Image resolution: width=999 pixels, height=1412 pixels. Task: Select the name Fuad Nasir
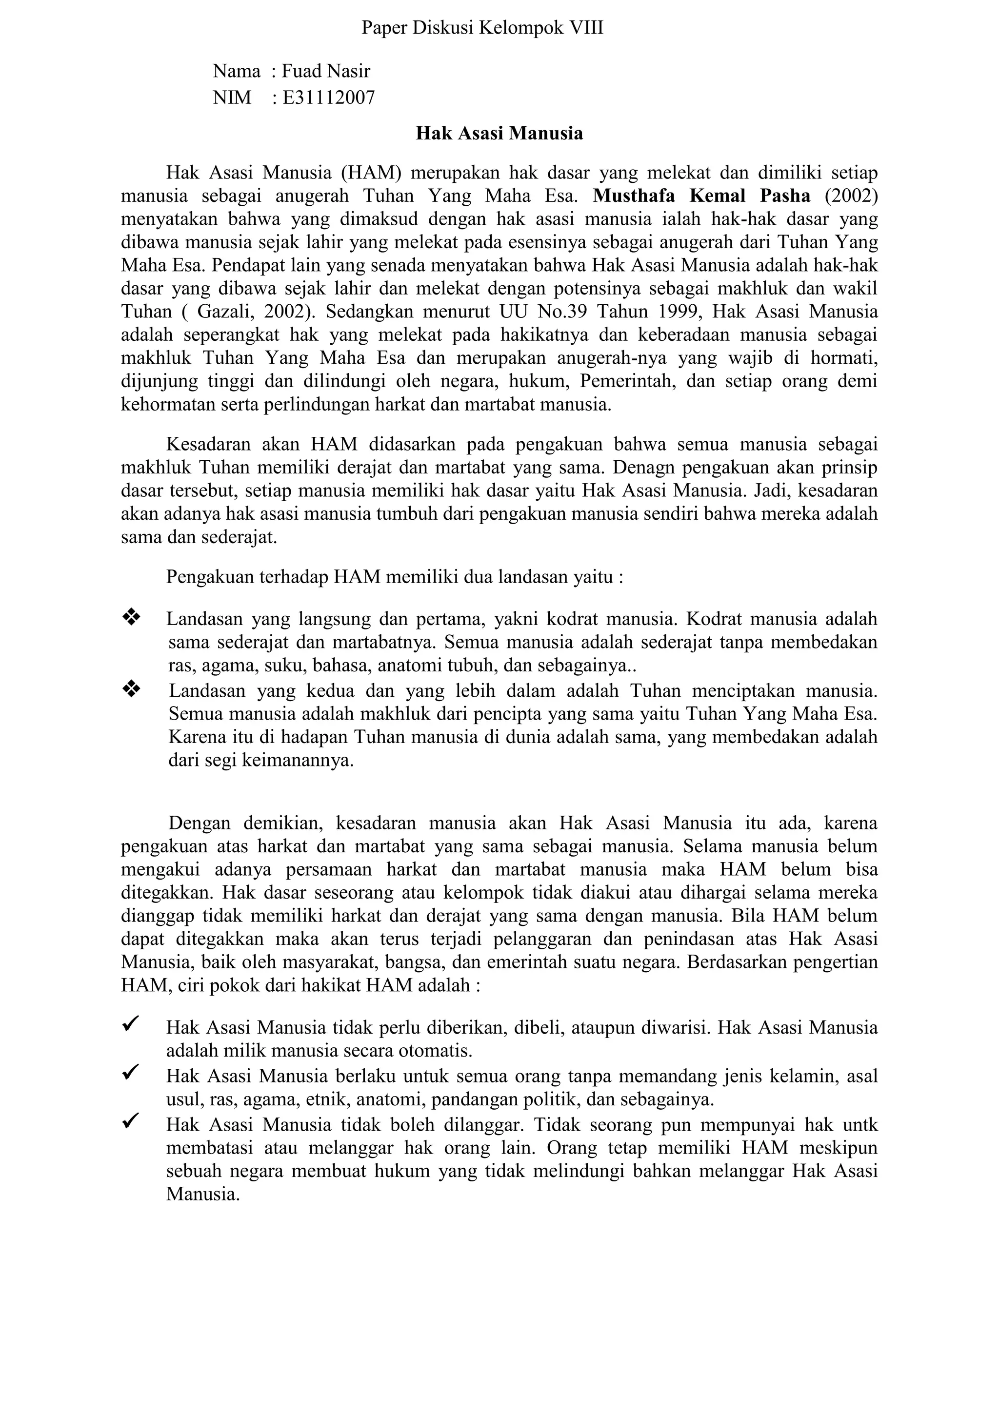325,71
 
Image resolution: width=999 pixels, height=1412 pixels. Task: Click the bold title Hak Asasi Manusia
499,134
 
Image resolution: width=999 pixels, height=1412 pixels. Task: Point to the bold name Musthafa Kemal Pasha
701,196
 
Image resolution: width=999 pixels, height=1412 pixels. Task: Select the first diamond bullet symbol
132,616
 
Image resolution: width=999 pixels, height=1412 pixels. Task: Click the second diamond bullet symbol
132,689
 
